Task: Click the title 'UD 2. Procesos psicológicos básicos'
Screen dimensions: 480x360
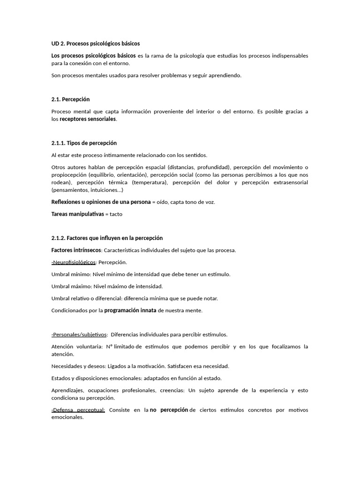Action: [95, 44]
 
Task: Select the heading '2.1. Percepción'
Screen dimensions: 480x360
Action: [70, 99]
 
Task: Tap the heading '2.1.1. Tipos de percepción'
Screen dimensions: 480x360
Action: [84, 143]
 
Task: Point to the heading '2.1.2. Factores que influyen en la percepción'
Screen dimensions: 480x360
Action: [107, 238]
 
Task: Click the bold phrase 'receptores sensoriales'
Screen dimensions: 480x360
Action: [88, 119]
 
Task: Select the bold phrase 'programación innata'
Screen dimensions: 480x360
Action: [130, 310]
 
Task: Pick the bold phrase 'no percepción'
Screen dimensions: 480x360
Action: [169, 410]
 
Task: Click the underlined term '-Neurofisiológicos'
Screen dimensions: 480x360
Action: [74, 262]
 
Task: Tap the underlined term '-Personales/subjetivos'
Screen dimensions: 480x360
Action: [79, 335]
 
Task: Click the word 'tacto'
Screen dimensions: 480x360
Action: [115, 214]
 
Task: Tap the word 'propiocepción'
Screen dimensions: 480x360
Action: [69, 175]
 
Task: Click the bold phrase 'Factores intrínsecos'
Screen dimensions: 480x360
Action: [76, 250]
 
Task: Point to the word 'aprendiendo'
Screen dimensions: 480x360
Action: [225, 75]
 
